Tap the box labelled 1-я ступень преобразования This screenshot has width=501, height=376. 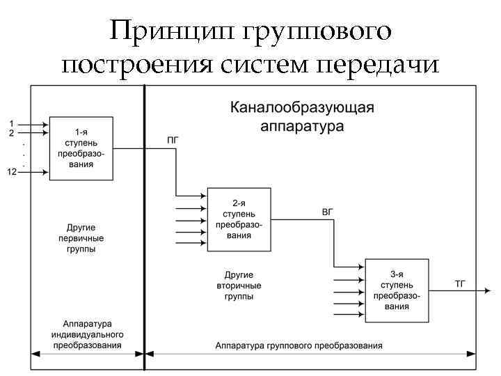tap(81, 148)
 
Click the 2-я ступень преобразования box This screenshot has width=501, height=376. tap(239, 219)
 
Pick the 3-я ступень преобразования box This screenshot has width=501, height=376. tap(396, 290)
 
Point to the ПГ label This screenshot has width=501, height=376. tap(173, 140)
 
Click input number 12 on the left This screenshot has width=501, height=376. tap(12, 172)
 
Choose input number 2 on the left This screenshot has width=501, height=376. tap(11, 132)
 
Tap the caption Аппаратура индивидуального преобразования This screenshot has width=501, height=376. tap(87, 334)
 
